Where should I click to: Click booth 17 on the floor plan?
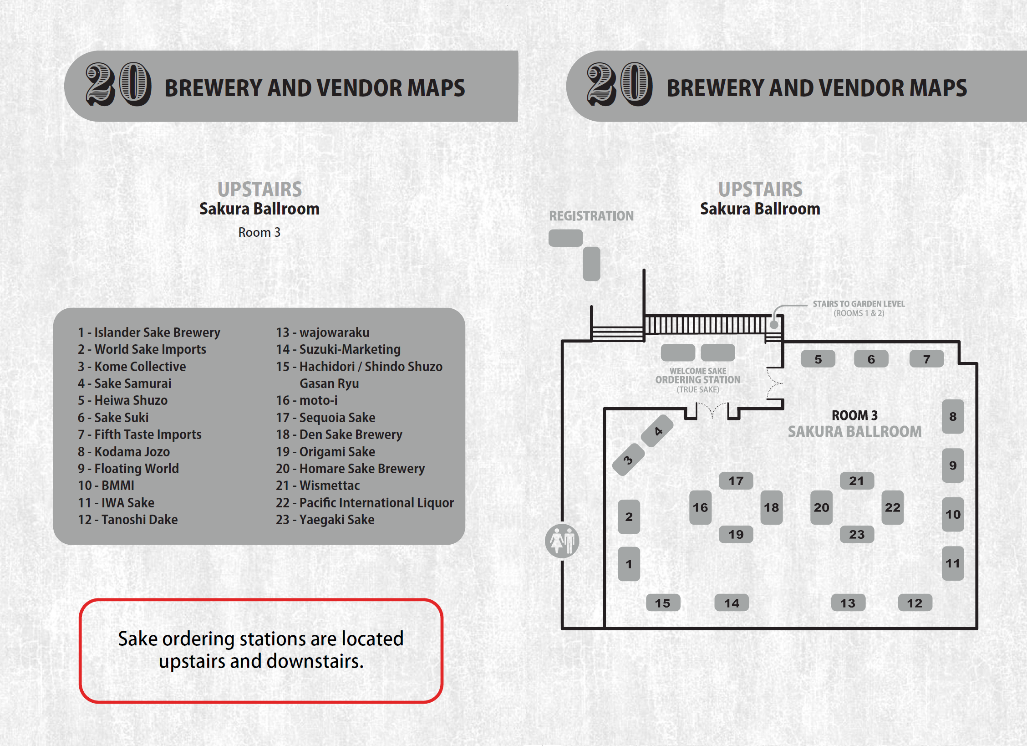[x=736, y=481]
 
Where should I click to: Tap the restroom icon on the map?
[x=562, y=541]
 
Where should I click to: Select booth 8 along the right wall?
[x=952, y=416]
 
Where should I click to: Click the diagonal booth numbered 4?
[x=657, y=431]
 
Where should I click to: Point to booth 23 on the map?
[x=856, y=534]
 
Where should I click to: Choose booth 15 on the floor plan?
[x=663, y=603]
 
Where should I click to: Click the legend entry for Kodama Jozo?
[x=123, y=452]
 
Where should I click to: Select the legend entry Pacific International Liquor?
[x=365, y=503]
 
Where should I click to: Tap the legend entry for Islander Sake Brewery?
[x=149, y=332]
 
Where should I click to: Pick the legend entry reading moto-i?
[x=307, y=400]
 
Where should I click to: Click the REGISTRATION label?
[x=591, y=216]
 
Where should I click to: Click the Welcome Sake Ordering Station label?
[x=697, y=380]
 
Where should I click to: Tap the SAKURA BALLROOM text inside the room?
[x=854, y=431]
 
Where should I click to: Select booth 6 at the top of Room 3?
[x=871, y=359]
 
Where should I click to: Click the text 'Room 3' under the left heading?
[x=259, y=232]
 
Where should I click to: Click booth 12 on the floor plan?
[x=915, y=603]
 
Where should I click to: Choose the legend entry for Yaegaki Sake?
[x=325, y=520]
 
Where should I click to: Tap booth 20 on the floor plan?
[x=821, y=507]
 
